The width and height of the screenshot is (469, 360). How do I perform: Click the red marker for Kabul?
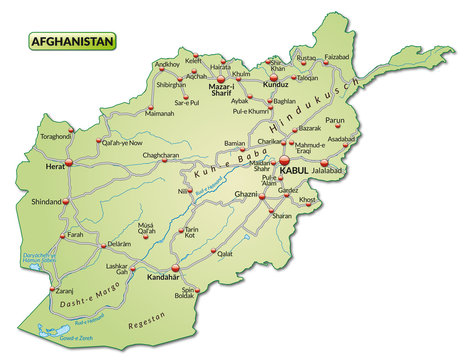pos(284,159)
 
